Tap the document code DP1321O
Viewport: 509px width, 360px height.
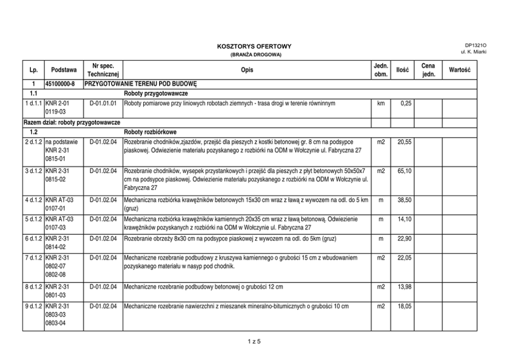point(476,45)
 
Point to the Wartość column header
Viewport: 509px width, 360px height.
point(459,70)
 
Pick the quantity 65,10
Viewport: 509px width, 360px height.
point(404,170)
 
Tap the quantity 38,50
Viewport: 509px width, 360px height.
point(404,200)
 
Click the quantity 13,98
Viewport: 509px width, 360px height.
point(404,287)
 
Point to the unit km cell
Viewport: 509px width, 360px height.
point(381,103)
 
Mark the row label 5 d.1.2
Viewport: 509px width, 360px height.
point(34,219)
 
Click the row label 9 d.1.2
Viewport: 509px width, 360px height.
point(34,306)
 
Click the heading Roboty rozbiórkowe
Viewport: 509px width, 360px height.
point(150,132)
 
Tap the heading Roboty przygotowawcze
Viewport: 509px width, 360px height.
point(155,93)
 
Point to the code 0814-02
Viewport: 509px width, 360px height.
point(55,247)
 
